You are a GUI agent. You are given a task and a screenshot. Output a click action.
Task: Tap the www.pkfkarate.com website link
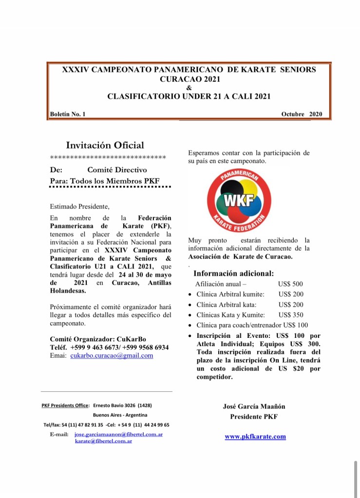coord(255,437)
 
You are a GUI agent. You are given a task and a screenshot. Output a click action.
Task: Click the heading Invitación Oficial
coord(105,145)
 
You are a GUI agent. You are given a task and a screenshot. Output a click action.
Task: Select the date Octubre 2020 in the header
coord(302,114)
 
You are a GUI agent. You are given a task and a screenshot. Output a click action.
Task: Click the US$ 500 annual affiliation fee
coord(290,284)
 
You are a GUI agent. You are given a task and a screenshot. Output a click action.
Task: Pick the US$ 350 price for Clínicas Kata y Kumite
coord(290,315)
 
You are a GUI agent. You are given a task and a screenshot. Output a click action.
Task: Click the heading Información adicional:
coord(233,273)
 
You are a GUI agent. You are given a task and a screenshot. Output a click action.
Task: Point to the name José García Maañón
coord(254,406)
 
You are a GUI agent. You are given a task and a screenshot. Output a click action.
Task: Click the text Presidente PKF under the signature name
coord(254,417)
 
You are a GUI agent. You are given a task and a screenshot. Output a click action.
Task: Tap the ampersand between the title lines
coord(189,87)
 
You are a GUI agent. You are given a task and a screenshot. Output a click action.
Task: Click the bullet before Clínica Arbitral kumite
coord(189,295)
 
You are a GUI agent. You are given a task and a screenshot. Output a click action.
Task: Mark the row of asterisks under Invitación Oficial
coord(108,158)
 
